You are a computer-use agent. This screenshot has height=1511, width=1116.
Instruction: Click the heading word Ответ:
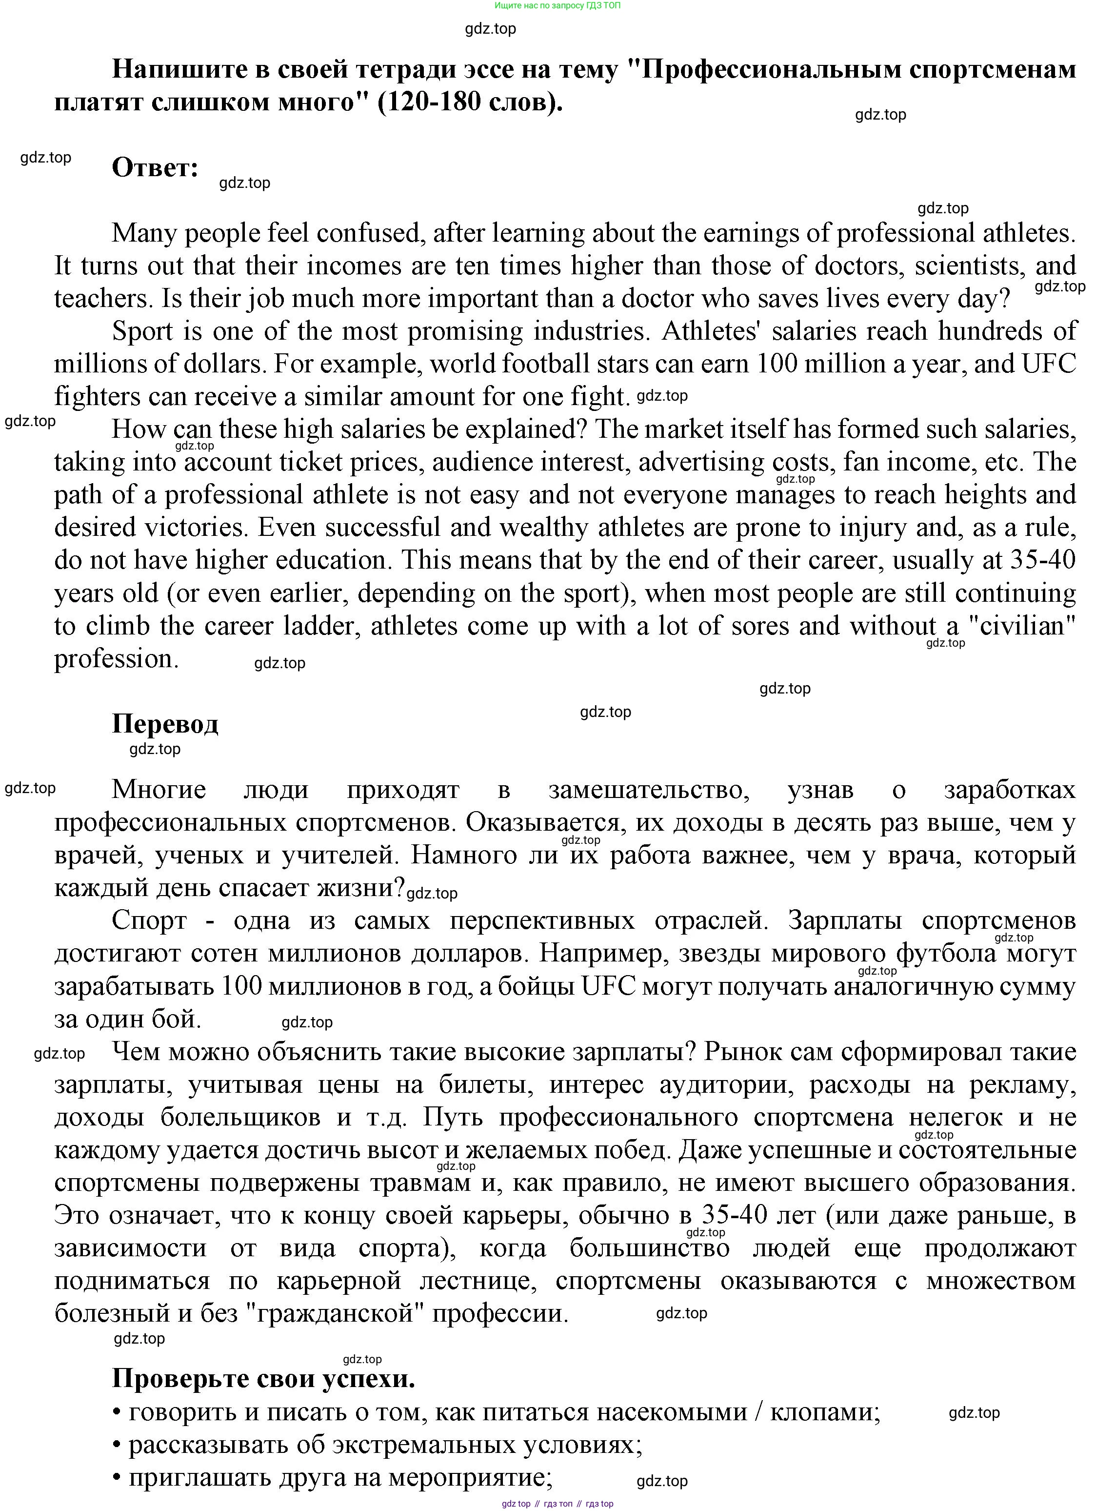pyautogui.click(x=155, y=167)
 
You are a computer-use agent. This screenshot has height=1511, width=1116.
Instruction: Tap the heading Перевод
pyautogui.click(x=165, y=724)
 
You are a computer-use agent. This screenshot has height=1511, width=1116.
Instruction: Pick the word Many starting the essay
pyautogui.click(x=143, y=233)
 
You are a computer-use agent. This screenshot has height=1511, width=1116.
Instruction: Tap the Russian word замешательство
pyautogui.click(x=649, y=789)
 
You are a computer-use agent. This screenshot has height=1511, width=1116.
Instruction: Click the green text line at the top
pyautogui.click(x=558, y=5)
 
